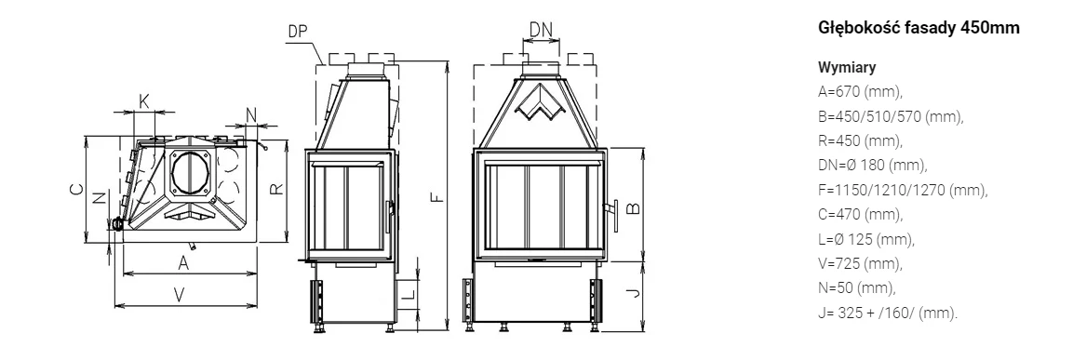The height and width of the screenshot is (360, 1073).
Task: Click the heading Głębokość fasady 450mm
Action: point(919,27)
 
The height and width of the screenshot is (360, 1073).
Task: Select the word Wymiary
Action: point(847,67)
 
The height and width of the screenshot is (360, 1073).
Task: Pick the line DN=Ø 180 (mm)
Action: point(873,166)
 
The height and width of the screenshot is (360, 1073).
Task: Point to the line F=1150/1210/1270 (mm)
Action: point(904,191)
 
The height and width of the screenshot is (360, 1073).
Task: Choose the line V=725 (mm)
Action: point(861,264)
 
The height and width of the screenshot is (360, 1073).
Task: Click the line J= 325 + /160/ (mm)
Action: point(888,313)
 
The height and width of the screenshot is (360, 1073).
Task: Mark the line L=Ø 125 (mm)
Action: point(866,240)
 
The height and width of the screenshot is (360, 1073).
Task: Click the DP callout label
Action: point(298,32)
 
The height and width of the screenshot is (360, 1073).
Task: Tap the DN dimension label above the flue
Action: point(541,29)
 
